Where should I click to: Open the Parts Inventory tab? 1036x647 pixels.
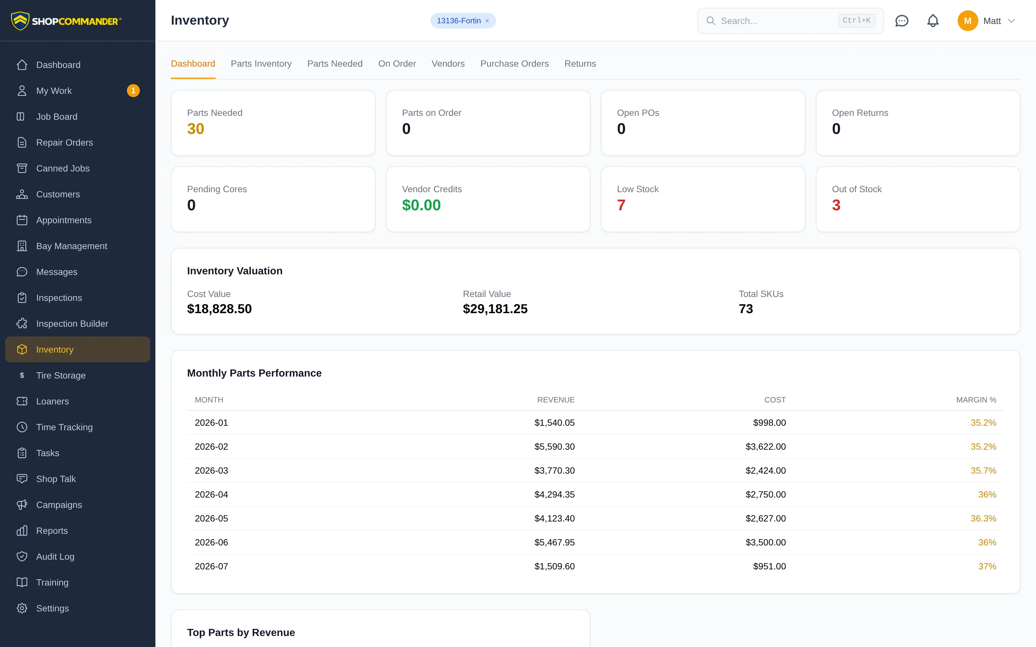point(261,64)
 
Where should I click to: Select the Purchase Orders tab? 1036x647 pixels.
point(514,64)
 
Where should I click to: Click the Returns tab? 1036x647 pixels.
point(580,64)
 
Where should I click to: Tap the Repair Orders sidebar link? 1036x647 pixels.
point(64,142)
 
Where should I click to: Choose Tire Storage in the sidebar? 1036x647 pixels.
point(61,375)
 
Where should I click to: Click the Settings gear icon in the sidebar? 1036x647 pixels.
point(22,608)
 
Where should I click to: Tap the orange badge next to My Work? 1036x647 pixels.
point(133,91)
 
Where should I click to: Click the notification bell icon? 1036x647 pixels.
point(933,20)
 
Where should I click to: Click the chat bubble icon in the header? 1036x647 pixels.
point(902,20)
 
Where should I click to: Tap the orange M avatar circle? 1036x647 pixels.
point(967,20)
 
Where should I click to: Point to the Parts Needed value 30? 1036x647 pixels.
point(196,129)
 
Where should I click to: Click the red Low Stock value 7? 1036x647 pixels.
point(621,205)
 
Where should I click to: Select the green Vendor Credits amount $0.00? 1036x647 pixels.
point(421,205)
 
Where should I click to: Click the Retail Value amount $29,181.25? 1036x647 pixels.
point(495,309)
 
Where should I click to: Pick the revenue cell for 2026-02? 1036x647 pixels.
point(554,446)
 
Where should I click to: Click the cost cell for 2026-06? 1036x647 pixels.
point(765,542)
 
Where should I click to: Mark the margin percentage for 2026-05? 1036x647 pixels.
point(983,518)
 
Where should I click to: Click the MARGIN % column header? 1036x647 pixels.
point(976,400)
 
